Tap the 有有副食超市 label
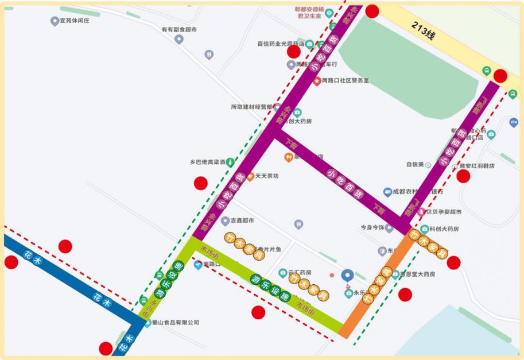click(178, 29)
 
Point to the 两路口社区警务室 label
click(345, 81)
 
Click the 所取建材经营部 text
click(251, 107)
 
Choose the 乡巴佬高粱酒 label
click(207, 162)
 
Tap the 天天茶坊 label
click(266, 176)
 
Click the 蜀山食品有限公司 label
click(175, 323)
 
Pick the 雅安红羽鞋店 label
click(476, 166)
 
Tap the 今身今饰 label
click(372, 227)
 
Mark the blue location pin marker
click(347, 275)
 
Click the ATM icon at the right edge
click(513, 122)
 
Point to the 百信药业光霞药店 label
click(280, 44)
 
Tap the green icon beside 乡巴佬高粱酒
click(230, 162)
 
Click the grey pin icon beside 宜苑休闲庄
click(55, 21)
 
